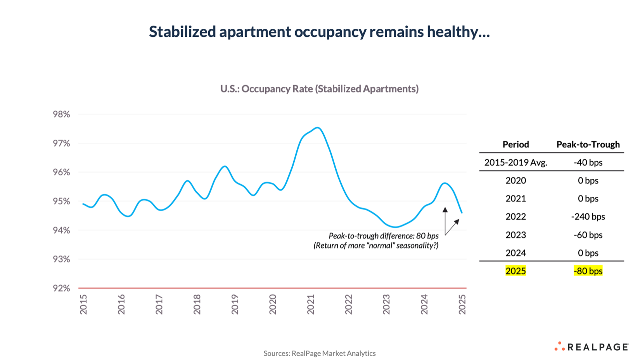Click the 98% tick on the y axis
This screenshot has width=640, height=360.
click(61, 114)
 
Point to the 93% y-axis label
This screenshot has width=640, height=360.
click(61, 259)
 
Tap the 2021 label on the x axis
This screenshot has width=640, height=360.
click(311, 304)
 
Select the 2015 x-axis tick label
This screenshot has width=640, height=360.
click(83, 304)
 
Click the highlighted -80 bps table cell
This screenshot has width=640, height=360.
click(588, 271)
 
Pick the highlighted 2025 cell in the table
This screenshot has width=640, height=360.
click(515, 271)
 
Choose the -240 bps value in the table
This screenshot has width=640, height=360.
click(588, 216)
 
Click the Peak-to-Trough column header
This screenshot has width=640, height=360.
click(588, 144)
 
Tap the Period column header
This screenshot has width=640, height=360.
click(515, 144)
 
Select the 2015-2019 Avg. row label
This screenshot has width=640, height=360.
click(515, 163)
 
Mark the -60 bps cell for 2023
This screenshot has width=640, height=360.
click(588, 235)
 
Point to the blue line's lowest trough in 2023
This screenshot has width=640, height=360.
click(395, 227)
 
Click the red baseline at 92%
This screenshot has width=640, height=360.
click(272, 288)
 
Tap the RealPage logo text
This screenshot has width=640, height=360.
click(598, 347)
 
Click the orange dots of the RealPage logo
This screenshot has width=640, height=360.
click(559, 346)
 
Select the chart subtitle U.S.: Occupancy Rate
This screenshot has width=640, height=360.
click(319, 89)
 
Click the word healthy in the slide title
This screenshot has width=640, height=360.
click(458, 31)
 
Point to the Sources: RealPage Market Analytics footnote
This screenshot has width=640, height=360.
click(319, 353)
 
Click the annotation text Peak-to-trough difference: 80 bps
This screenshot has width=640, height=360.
click(383, 236)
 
